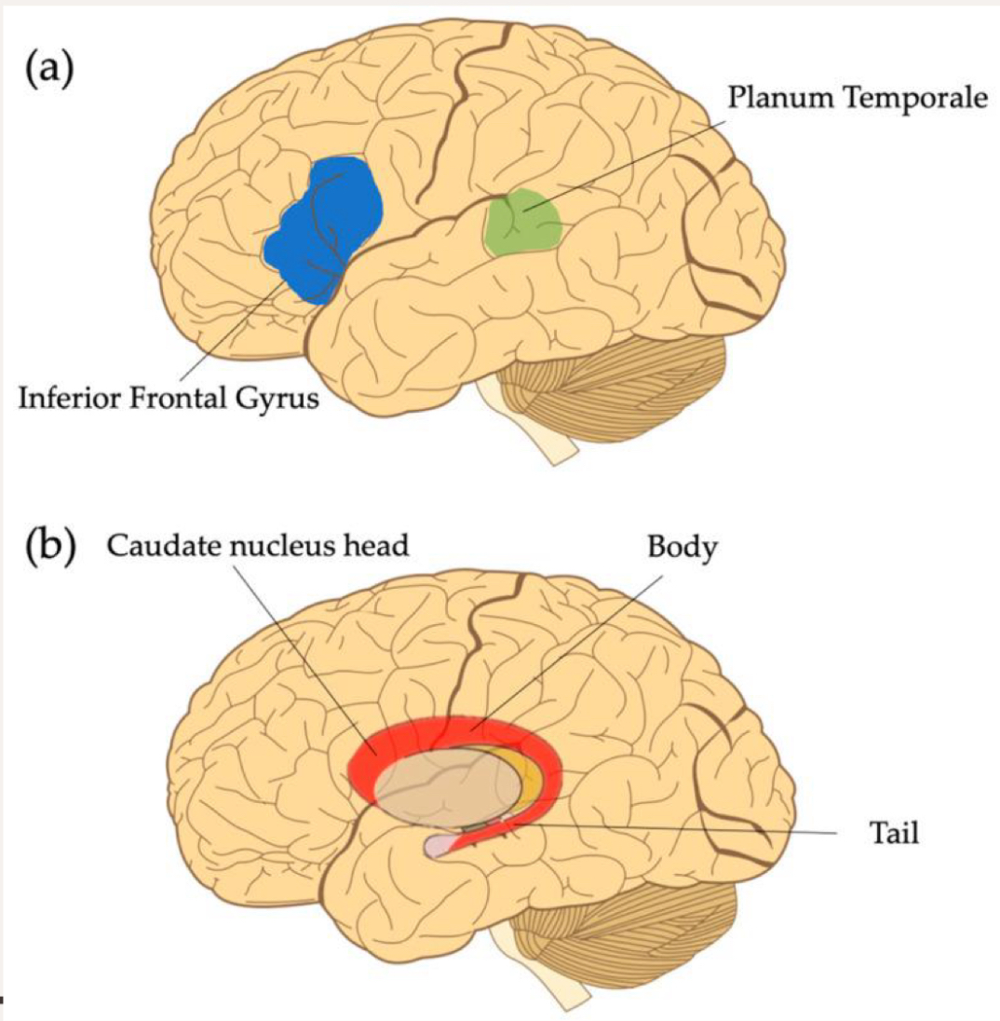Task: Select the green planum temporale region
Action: [x=523, y=222]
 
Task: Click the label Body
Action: [x=682, y=547]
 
